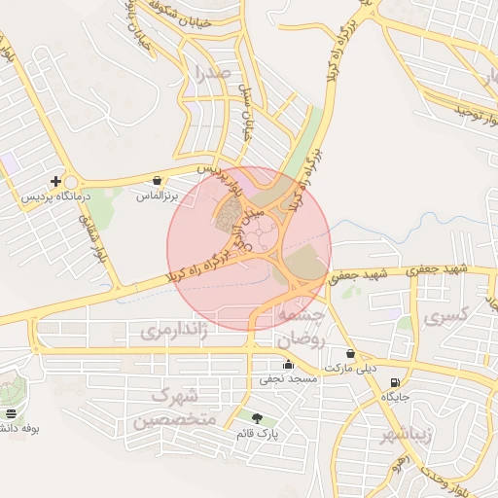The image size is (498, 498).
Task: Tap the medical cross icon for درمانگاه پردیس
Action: pyautogui.click(x=56, y=181)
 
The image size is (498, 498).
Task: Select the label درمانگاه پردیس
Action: pyautogui.click(x=55, y=196)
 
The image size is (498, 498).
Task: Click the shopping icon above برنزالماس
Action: pyautogui.click(x=158, y=180)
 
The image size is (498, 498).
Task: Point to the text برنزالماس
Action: pyautogui.click(x=157, y=196)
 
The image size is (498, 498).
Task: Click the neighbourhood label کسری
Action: pyautogui.click(x=448, y=314)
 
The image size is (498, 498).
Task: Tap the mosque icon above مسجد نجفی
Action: pyautogui.click(x=287, y=365)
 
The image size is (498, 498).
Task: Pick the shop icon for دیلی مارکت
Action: pyautogui.click(x=350, y=353)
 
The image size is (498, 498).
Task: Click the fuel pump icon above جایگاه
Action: pyautogui.click(x=394, y=381)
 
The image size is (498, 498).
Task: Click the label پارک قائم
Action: pyautogui.click(x=257, y=433)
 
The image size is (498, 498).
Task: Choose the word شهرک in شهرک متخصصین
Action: pyautogui.click(x=176, y=396)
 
